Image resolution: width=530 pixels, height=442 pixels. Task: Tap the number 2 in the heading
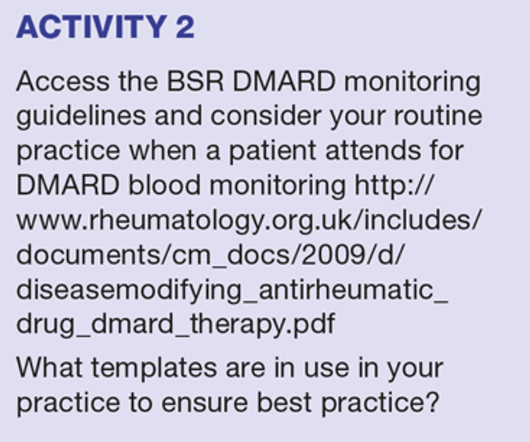[x=185, y=27]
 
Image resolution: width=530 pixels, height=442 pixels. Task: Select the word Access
[x=63, y=81]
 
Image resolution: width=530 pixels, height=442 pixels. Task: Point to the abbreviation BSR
[x=195, y=81]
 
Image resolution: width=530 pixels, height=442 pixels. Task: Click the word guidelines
[x=81, y=117]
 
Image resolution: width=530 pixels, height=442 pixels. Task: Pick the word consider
[x=266, y=116]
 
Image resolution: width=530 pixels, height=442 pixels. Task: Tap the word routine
[x=437, y=116]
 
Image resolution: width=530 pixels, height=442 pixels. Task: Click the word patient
[x=273, y=151]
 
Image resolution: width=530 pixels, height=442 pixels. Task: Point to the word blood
[x=165, y=185]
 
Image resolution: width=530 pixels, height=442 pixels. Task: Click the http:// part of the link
[x=394, y=185]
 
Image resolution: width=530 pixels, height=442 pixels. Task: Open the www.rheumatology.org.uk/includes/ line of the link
[x=249, y=221]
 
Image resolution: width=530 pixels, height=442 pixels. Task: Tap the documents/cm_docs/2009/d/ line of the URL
[x=211, y=255]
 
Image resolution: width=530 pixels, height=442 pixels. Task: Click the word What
[x=49, y=368]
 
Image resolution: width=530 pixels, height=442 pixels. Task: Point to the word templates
[x=154, y=369]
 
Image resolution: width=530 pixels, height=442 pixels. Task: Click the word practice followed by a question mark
[x=380, y=403]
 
